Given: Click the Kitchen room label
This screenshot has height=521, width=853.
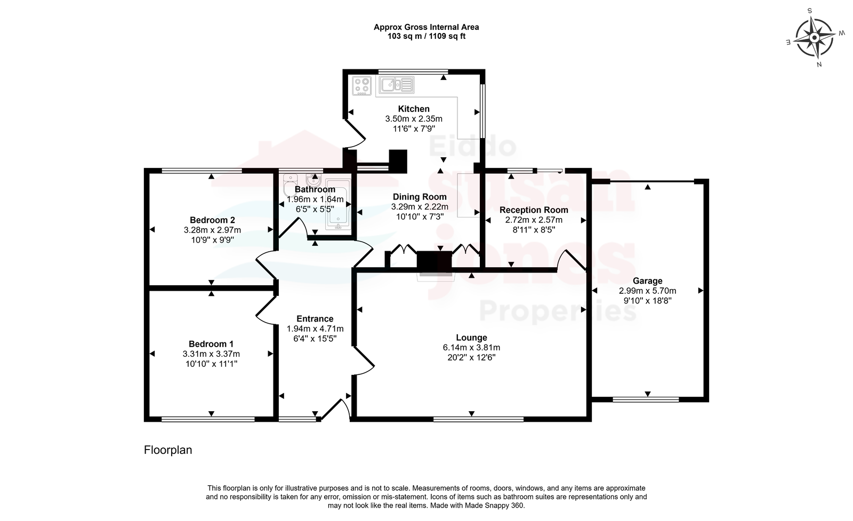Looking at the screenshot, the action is pos(414,109).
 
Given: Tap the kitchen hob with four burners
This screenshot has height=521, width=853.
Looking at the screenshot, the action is pos(362,86).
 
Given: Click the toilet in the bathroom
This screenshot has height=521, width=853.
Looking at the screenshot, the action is pos(290,185).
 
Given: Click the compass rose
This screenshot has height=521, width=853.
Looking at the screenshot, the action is pos(815,38).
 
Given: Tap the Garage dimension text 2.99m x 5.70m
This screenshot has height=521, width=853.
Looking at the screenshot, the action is pos(647,291).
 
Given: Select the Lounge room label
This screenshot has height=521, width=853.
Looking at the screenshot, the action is pos(471,338).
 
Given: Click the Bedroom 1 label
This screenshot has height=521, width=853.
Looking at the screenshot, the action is pos(211,344).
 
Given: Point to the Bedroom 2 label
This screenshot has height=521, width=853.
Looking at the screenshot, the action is pos(212,220).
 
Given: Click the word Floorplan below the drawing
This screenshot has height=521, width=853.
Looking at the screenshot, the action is pos(168,450).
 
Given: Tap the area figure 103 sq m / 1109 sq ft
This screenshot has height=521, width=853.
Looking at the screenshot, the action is pos(426,37).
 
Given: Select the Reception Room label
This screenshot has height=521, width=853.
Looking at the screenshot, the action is pos(534,210).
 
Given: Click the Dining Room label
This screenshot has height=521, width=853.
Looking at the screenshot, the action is pos(420,197).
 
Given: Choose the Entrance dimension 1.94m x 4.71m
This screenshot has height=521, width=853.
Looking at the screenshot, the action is pos(315,328).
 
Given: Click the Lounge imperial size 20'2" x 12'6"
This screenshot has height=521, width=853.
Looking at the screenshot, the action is pos(471,358).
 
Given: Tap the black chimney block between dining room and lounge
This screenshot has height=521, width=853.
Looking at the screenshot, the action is pos(434,261).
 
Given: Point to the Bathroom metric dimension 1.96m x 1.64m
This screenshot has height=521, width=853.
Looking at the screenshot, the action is pos(315,199).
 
